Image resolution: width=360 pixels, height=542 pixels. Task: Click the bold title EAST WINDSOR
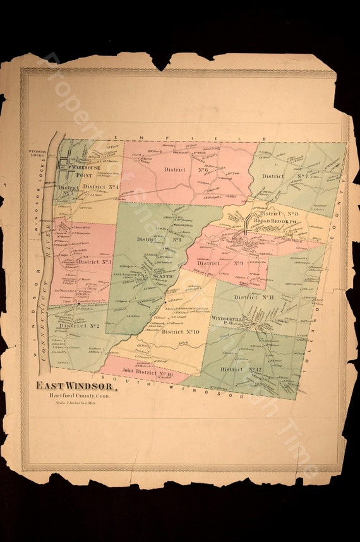click(76, 386)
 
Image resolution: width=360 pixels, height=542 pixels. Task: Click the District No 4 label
click(100, 187)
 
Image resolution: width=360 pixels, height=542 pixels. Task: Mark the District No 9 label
click(220, 263)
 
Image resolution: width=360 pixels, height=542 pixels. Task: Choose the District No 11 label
click(253, 296)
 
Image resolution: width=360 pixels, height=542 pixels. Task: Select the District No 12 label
click(241, 369)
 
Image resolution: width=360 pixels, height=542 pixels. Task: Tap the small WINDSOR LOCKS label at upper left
click(37, 154)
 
